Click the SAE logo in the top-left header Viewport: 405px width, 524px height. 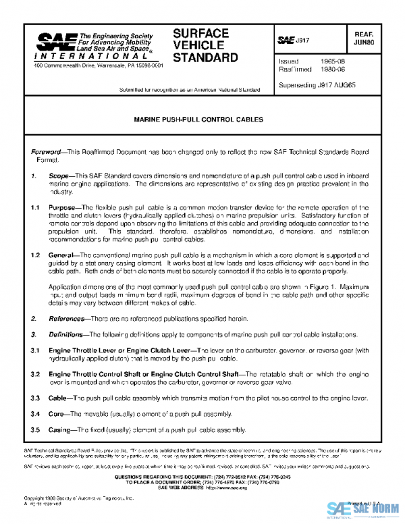[x=51, y=44]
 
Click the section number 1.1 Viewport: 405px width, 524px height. [x=36, y=208]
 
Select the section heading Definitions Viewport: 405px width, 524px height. [x=70, y=334]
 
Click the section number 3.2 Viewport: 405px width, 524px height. [x=36, y=373]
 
